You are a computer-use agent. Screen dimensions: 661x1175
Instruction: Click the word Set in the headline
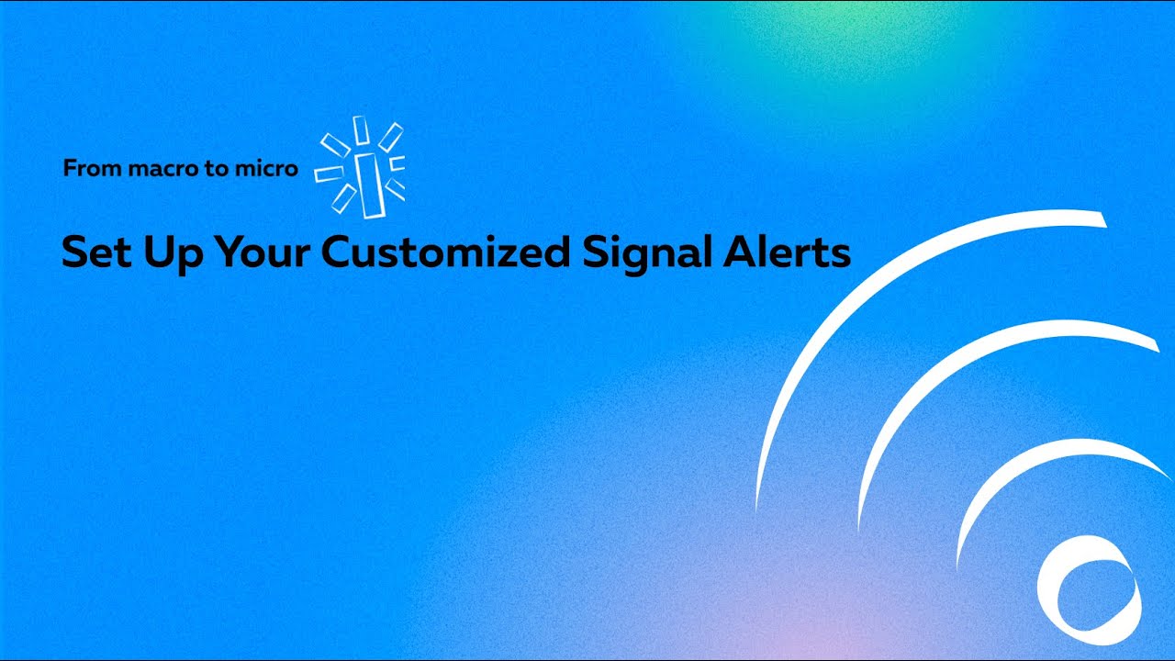pyautogui.click(x=95, y=252)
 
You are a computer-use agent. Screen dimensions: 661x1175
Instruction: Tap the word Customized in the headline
pyautogui.click(x=446, y=252)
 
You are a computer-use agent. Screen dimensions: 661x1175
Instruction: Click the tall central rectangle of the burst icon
pyautogui.click(x=369, y=185)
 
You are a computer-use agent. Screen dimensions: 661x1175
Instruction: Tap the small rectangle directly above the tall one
pyautogui.click(x=361, y=130)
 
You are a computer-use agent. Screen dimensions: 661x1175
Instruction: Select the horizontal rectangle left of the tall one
pyautogui.click(x=329, y=173)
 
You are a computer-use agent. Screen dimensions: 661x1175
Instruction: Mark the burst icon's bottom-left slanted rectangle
pyautogui.click(x=344, y=198)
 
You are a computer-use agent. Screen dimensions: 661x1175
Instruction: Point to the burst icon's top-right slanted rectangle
pyautogui.click(x=391, y=137)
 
